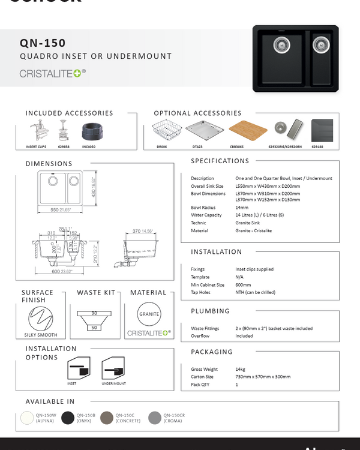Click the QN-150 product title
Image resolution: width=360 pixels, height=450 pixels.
(x=43, y=43)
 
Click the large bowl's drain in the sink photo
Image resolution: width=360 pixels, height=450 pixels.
(x=281, y=43)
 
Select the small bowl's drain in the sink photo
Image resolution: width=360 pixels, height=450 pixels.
(x=320, y=43)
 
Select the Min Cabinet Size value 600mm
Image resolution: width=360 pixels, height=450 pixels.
(x=244, y=285)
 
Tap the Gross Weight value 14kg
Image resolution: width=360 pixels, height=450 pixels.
(x=241, y=370)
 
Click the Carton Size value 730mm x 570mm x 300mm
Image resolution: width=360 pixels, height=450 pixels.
(x=263, y=377)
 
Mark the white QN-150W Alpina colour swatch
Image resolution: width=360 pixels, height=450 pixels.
(x=27, y=418)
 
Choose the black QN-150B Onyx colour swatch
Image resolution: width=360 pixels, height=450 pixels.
(x=68, y=418)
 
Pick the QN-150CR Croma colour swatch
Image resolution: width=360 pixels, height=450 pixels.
(x=155, y=418)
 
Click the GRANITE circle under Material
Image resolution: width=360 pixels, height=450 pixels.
(x=149, y=314)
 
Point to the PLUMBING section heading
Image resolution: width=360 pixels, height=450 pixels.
(x=210, y=311)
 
